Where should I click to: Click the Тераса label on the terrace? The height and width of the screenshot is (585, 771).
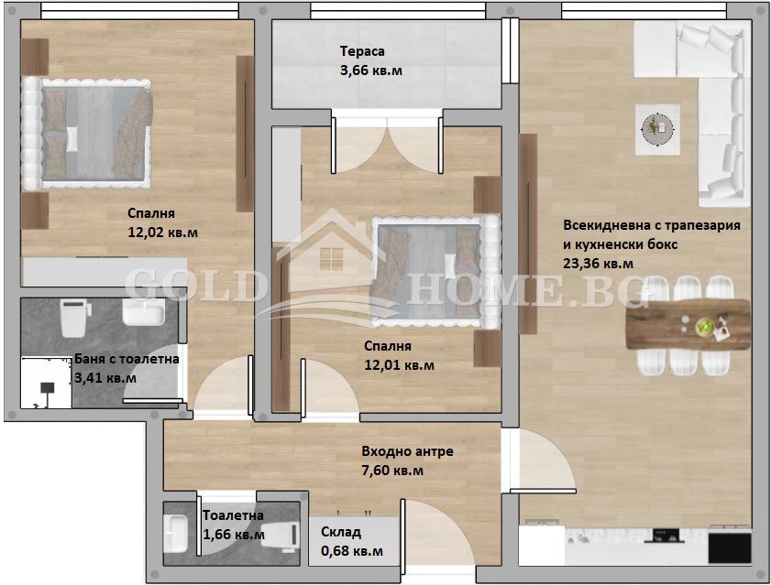(x=362, y=52)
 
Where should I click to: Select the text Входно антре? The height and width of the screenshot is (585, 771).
(x=407, y=451)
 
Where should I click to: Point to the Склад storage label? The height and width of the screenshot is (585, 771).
(x=341, y=532)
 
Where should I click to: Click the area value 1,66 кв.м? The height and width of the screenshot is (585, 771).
(x=234, y=535)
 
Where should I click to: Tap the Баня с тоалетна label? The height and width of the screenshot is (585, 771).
(x=127, y=360)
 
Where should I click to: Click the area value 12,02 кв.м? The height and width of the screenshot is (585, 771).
(x=163, y=233)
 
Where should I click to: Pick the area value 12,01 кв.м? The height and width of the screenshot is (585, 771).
(x=400, y=364)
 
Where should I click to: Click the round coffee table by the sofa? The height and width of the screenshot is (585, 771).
(x=655, y=125)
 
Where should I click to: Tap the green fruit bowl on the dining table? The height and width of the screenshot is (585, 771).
(x=704, y=325)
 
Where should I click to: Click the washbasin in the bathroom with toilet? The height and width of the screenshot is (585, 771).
(x=143, y=314)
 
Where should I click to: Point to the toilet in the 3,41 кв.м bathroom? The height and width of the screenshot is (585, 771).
(x=72, y=317)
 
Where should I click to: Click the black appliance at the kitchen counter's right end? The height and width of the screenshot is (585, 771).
(x=729, y=547)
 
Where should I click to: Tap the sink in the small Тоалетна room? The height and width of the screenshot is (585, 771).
(x=177, y=533)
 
